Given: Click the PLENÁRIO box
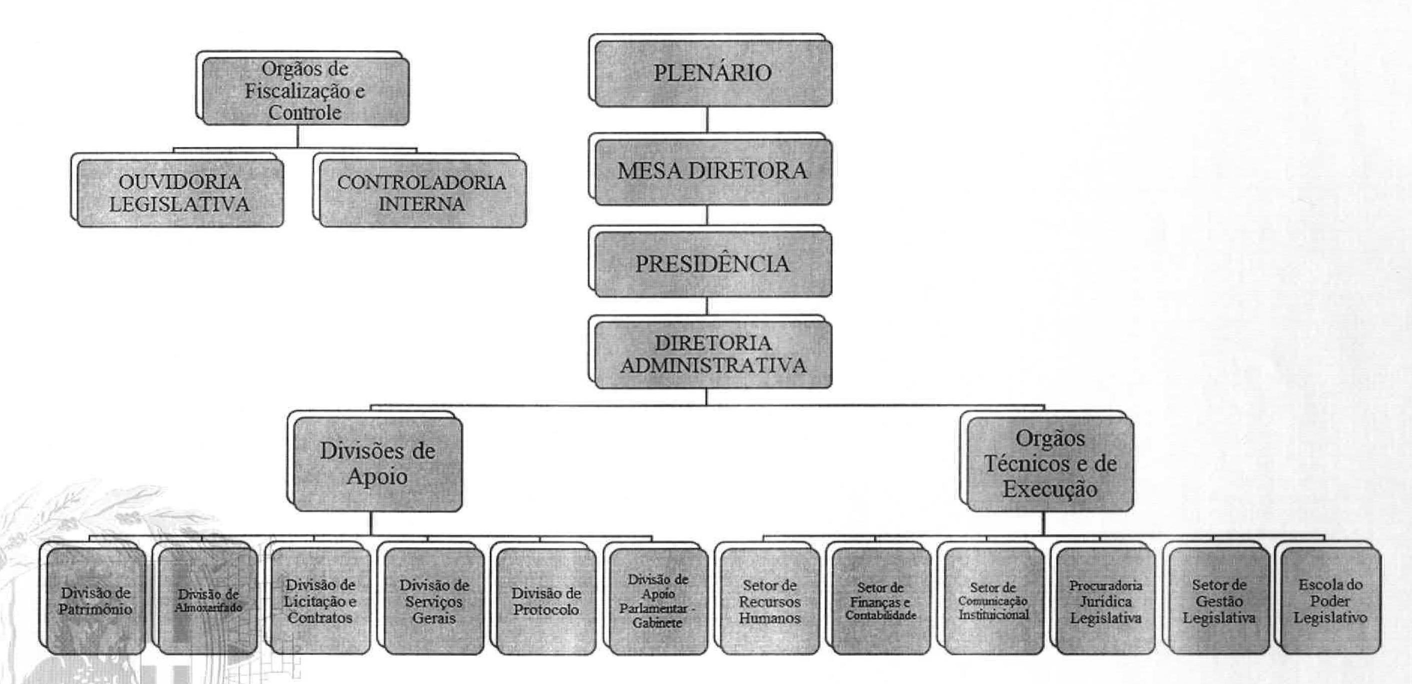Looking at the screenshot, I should (x=712, y=73).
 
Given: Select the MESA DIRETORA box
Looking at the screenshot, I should (x=712, y=171).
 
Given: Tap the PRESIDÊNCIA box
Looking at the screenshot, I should (x=712, y=264).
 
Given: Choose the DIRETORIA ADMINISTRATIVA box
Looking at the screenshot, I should (x=712, y=354).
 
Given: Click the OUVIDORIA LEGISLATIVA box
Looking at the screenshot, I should (x=180, y=193).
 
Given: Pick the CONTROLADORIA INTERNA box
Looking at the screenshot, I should (x=421, y=193).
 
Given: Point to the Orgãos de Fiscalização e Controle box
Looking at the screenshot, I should (x=305, y=91).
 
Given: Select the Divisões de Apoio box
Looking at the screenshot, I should (x=377, y=463).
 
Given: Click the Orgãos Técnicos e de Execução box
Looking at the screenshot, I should (x=1049, y=463).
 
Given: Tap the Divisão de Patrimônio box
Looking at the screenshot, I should (x=96, y=601).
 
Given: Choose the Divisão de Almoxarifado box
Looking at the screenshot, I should (x=208, y=601).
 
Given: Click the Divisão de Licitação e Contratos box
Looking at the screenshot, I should (x=320, y=601).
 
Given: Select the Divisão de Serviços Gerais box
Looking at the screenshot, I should (x=434, y=601).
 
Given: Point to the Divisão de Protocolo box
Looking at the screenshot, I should (x=546, y=601).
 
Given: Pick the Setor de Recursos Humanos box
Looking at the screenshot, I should (x=769, y=601).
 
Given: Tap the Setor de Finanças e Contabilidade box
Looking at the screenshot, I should (x=881, y=601).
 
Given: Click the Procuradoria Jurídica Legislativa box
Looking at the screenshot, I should (x=1105, y=601).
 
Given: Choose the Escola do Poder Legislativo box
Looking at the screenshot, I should (x=1330, y=601).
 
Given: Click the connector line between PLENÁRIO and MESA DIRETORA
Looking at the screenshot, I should (x=707, y=119).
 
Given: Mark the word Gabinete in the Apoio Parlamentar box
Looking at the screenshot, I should (x=657, y=623).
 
